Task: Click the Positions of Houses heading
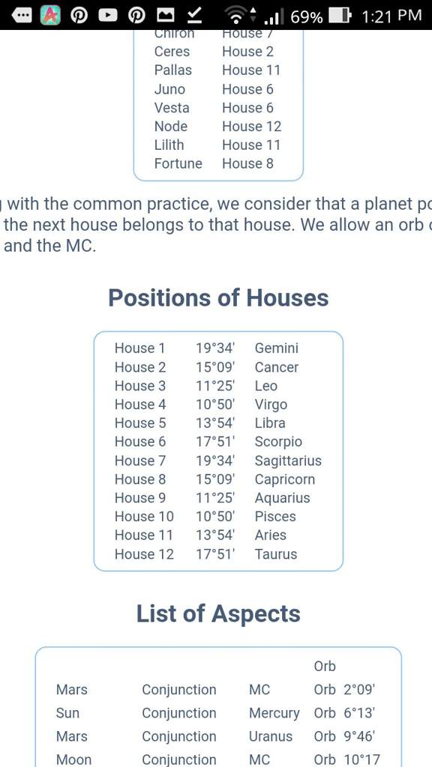click(x=218, y=297)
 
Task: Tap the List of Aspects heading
click(x=218, y=613)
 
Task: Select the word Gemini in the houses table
click(x=276, y=348)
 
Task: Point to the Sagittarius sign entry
click(x=288, y=461)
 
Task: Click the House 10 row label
click(x=144, y=517)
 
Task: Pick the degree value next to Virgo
click(x=215, y=404)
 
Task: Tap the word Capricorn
click(x=284, y=479)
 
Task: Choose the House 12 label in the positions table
click(x=144, y=554)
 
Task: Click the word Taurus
click(x=275, y=554)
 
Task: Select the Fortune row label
click(x=178, y=163)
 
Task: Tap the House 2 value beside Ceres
click(x=247, y=52)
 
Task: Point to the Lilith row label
click(x=169, y=145)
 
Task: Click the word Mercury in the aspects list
click(x=274, y=713)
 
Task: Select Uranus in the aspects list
click(x=270, y=736)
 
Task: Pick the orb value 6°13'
click(x=358, y=713)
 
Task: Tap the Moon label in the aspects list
click(x=73, y=760)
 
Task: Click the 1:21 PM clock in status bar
click(x=391, y=16)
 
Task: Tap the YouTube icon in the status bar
click(x=108, y=15)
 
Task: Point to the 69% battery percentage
click(x=307, y=16)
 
